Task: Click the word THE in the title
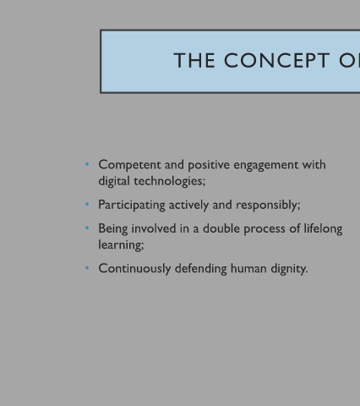pos(194,60)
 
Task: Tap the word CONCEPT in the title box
pos(276,60)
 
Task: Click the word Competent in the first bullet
pos(129,165)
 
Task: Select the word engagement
pos(265,166)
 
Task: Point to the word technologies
pos(169,181)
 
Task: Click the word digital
pos(114,181)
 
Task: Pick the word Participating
pos(132,206)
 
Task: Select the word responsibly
pos(268,206)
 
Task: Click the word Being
pos(113,229)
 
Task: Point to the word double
pos(221,228)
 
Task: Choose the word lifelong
pos(323,229)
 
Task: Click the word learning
pos(121,245)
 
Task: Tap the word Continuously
pos(134,269)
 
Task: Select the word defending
pos(200,268)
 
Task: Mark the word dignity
pos(289,269)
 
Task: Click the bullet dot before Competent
pos(87,164)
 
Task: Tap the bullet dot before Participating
pos(87,204)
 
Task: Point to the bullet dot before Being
pos(87,228)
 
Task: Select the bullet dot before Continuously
pos(87,267)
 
